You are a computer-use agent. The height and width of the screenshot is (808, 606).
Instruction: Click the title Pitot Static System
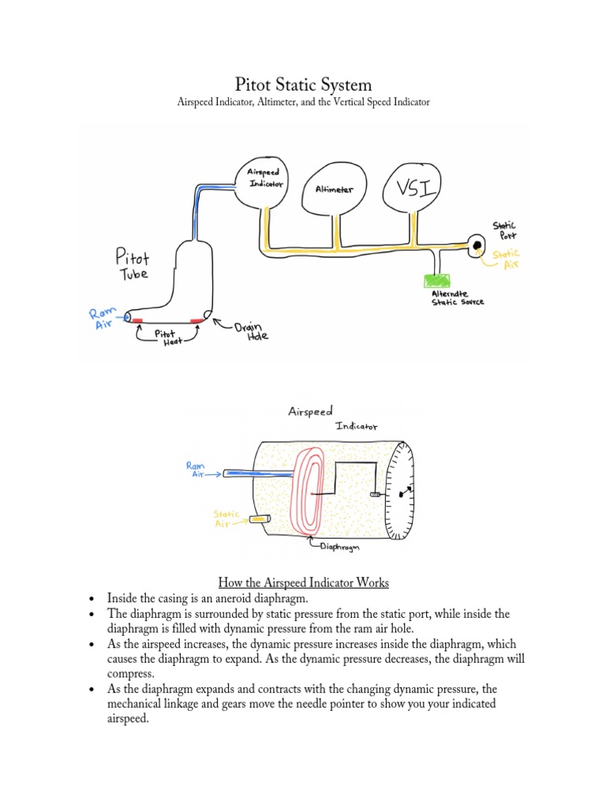[303, 84]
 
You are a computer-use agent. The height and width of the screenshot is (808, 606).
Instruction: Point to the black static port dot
[477, 246]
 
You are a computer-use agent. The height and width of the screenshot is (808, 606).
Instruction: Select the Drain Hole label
[252, 330]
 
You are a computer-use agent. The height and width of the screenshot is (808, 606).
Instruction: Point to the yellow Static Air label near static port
[507, 259]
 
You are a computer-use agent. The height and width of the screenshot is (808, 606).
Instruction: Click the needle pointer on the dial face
[406, 492]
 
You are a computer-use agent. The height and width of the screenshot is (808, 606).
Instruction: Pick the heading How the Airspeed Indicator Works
[303, 583]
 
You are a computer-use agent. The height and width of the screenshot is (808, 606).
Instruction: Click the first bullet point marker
[93, 599]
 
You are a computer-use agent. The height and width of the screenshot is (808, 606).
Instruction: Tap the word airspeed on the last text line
[128, 719]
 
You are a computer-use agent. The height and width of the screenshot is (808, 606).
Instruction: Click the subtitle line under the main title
[303, 104]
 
